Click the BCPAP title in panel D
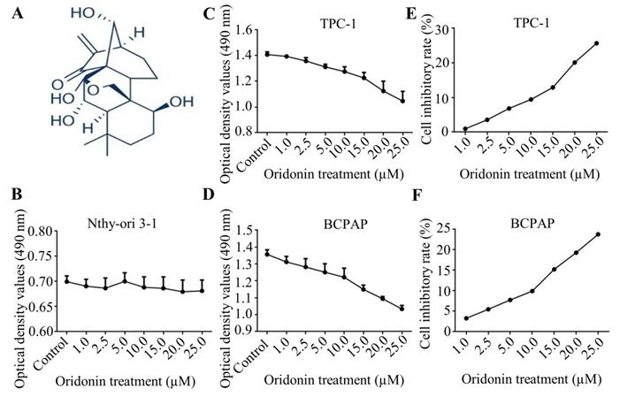332,214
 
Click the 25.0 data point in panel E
596,43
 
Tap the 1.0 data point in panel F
465,318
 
